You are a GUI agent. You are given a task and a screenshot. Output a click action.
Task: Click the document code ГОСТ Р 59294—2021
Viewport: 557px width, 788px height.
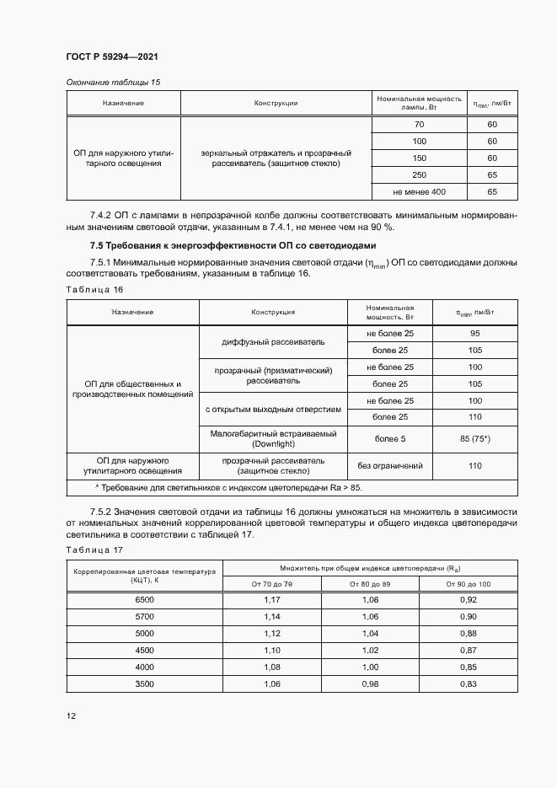pyautogui.click(x=112, y=56)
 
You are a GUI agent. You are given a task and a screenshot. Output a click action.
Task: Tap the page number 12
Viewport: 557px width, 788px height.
pyautogui.click(x=72, y=716)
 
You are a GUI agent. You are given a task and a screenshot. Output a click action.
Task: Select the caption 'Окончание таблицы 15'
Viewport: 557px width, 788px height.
pyautogui.click(x=112, y=83)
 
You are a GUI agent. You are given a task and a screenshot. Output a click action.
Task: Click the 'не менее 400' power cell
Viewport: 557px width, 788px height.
pyautogui.click(x=419, y=192)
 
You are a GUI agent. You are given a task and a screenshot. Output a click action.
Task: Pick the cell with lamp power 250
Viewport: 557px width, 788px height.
pyautogui.click(x=419, y=175)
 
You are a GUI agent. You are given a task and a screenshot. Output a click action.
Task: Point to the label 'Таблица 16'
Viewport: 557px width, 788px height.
pyautogui.click(x=94, y=289)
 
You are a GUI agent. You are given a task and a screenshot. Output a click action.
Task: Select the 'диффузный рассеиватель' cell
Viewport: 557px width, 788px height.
pyautogui.click(x=272, y=342)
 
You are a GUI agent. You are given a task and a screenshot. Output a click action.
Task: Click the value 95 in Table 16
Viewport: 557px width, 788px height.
pyautogui.click(x=474, y=334)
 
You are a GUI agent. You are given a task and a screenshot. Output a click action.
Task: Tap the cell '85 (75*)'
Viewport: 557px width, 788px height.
pyautogui.click(x=474, y=438)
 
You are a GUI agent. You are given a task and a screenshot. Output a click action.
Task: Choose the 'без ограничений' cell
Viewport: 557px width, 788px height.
pyautogui.click(x=390, y=465)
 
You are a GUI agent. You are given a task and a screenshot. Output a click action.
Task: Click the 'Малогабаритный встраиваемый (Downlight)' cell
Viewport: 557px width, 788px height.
pyautogui.click(x=272, y=438)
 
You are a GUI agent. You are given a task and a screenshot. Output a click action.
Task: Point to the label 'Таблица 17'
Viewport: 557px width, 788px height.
pyautogui.click(x=94, y=549)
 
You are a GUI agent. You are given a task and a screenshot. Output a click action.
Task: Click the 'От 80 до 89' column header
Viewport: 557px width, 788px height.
pyautogui.click(x=370, y=584)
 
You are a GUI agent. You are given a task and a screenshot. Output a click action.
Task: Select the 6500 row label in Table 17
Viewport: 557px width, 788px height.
pyautogui.click(x=145, y=600)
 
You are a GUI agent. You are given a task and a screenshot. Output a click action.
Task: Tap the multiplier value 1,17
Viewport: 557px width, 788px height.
pyautogui.click(x=271, y=600)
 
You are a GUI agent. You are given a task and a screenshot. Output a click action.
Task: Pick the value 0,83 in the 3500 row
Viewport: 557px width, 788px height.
pyautogui.click(x=469, y=683)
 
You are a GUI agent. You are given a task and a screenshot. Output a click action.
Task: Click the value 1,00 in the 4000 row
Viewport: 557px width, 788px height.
pyautogui.click(x=370, y=666)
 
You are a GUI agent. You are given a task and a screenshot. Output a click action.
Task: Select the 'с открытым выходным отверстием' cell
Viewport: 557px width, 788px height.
pyautogui.click(x=272, y=409)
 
